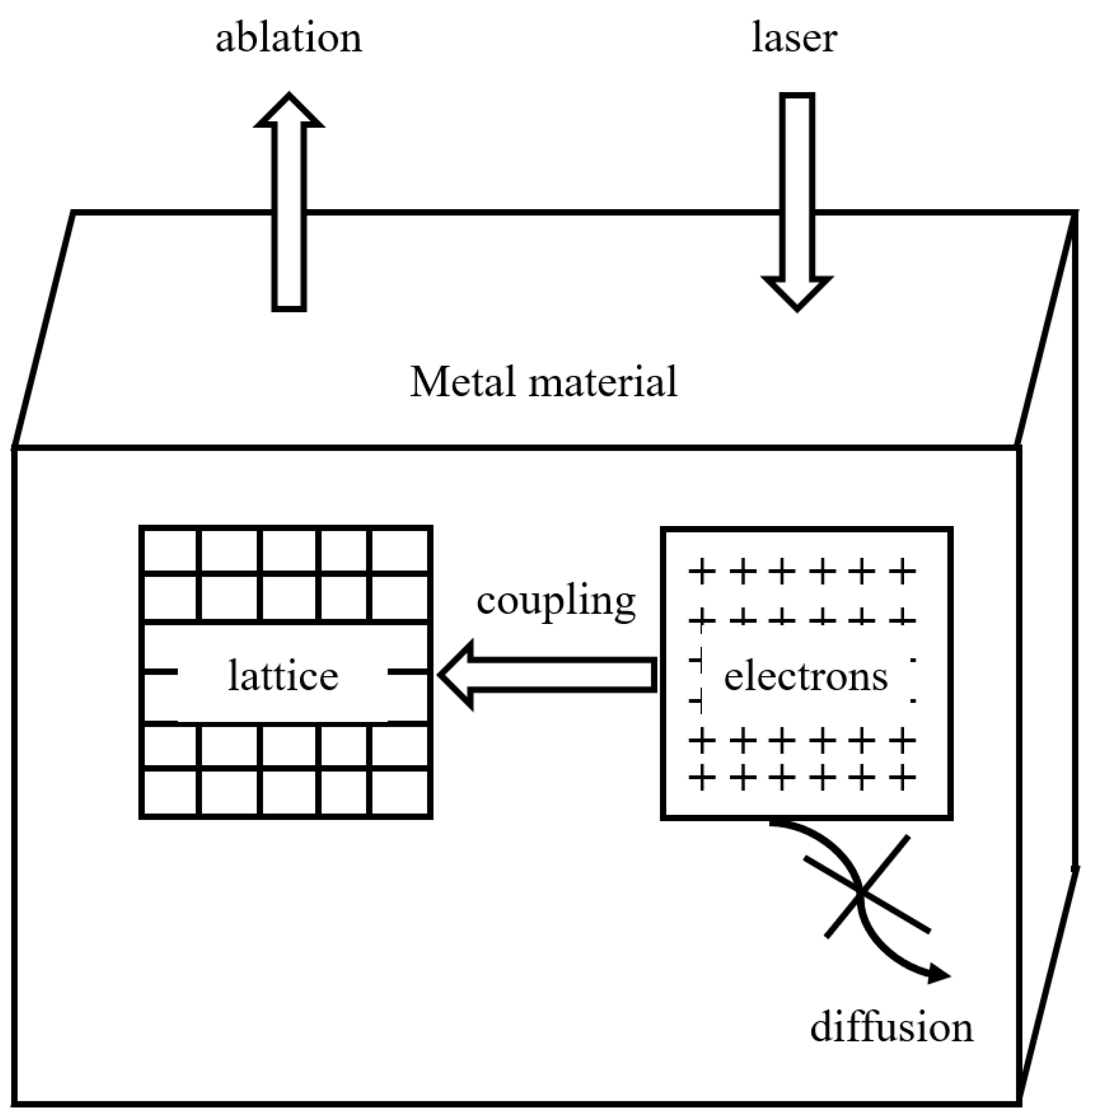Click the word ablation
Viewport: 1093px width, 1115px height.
(289, 38)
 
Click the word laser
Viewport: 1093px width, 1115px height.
(794, 38)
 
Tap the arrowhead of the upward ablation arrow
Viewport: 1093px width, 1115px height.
(289, 112)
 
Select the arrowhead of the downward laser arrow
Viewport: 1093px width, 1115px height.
(797, 293)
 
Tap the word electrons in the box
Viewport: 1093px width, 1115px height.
(805, 677)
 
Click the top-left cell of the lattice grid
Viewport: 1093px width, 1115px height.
(170, 550)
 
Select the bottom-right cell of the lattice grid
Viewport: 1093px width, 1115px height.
(399, 792)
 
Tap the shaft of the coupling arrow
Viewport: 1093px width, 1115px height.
(563, 675)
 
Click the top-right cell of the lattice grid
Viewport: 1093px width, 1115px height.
(399, 550)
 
